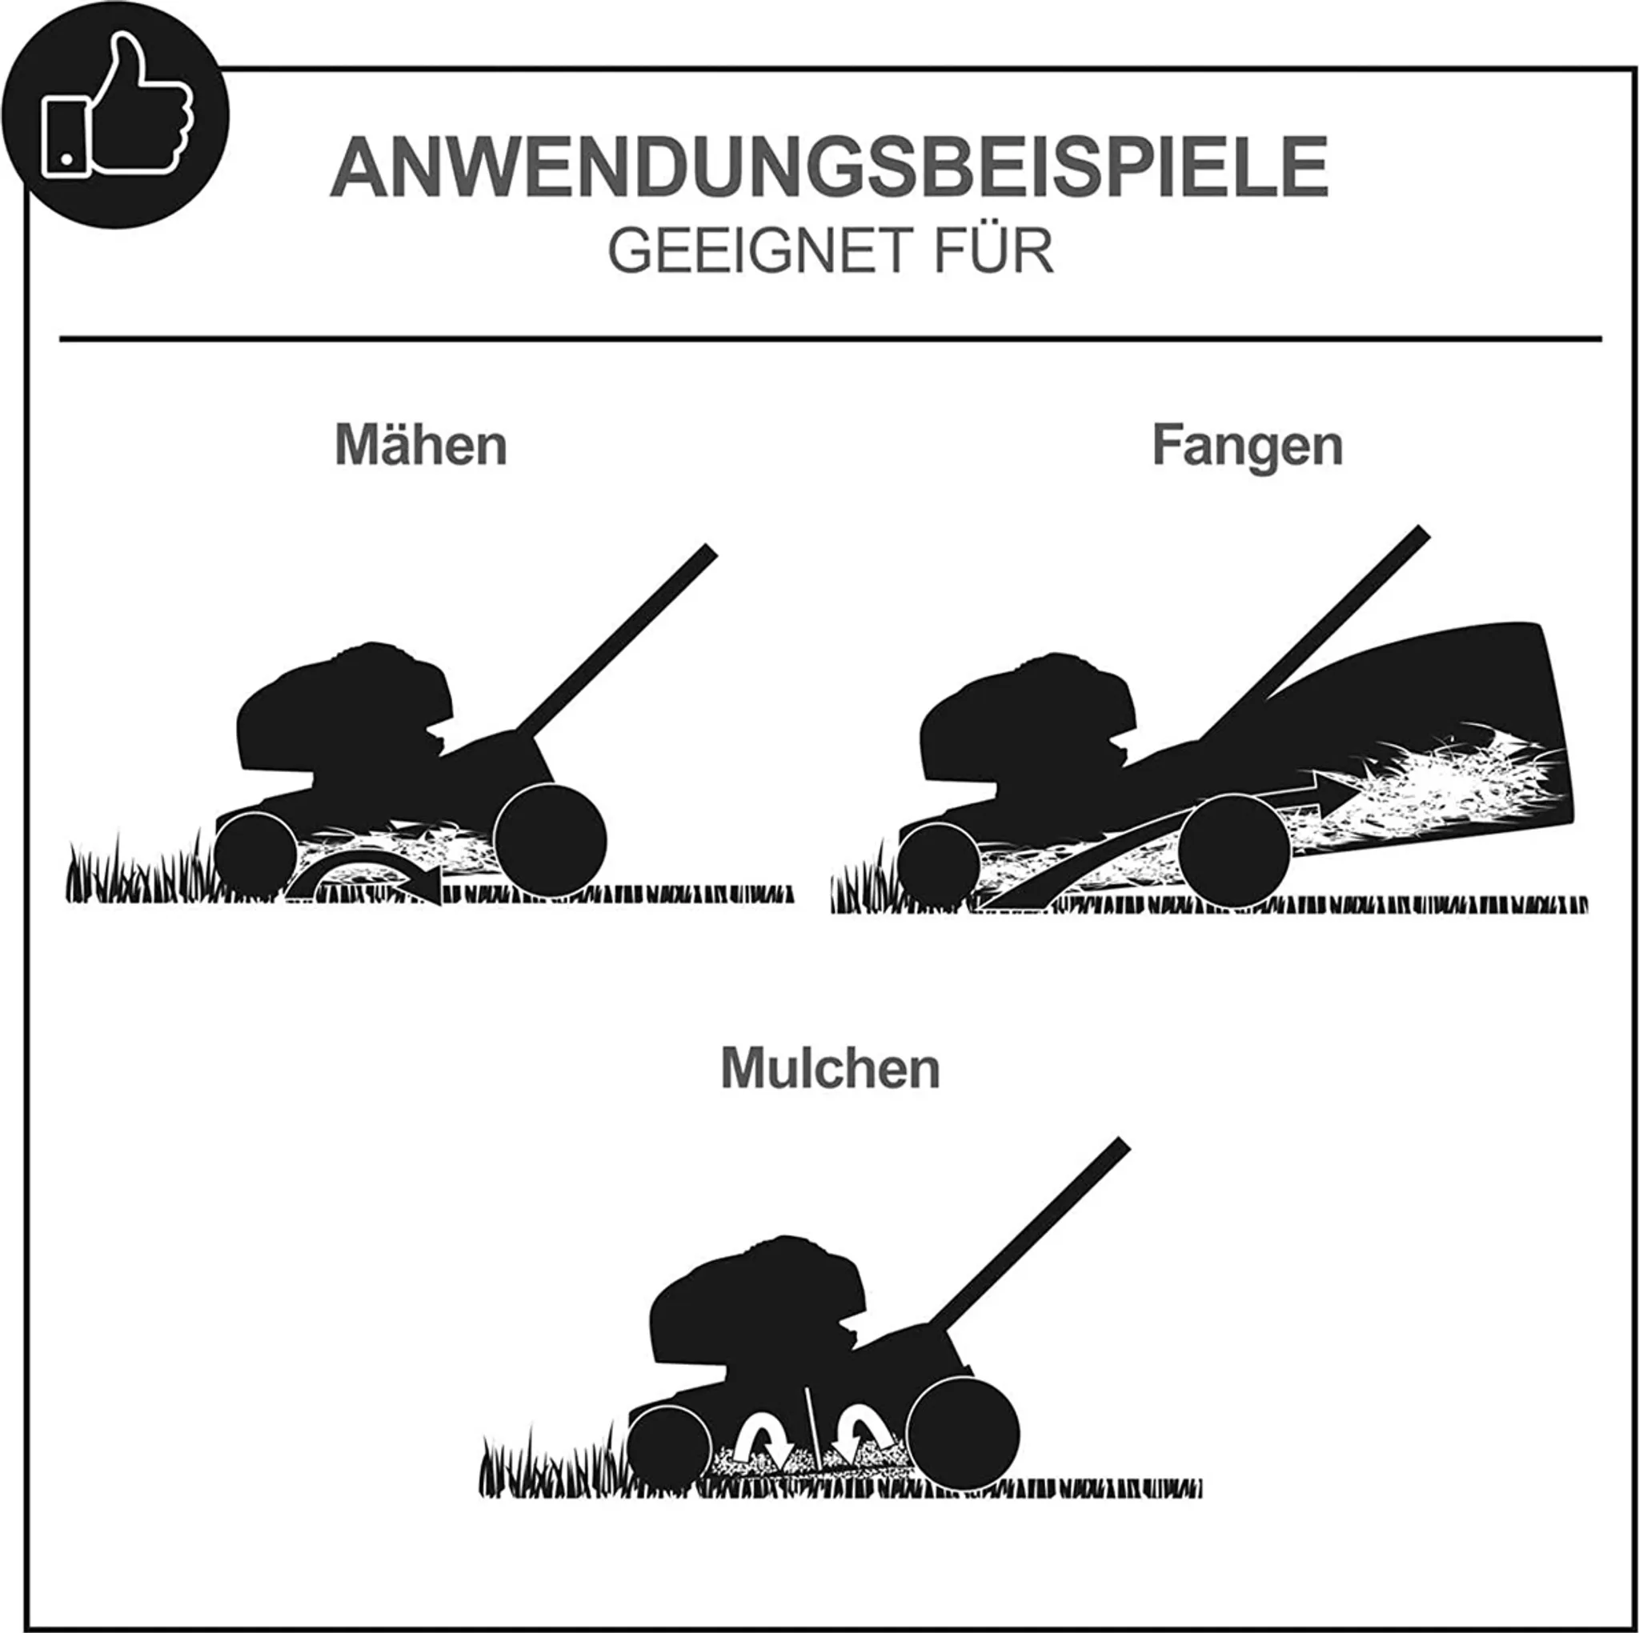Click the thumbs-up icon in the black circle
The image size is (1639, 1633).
[x=117, y=106]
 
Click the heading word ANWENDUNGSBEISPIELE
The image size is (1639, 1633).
[x=829, y=166]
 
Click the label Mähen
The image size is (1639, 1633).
[x=421, y=444]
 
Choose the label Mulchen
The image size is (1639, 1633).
[x=831, y=1068]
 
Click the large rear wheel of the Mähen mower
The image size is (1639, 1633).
[x=550, y=840]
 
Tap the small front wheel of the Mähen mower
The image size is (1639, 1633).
[x=255, y=855]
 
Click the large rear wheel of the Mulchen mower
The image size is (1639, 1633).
[x=964, y=1434]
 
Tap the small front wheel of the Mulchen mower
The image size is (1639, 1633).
[x=669, y=1448]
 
